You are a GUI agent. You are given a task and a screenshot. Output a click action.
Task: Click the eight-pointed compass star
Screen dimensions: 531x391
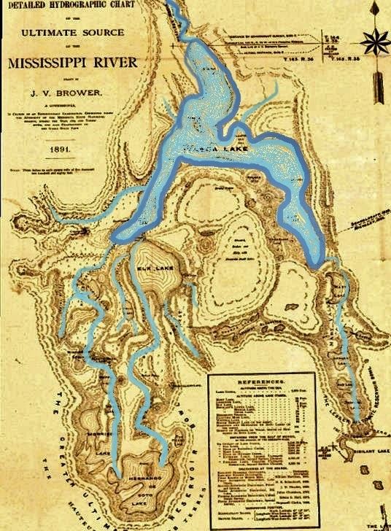377,40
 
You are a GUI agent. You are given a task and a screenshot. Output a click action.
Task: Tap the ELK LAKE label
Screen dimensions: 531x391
151,268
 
